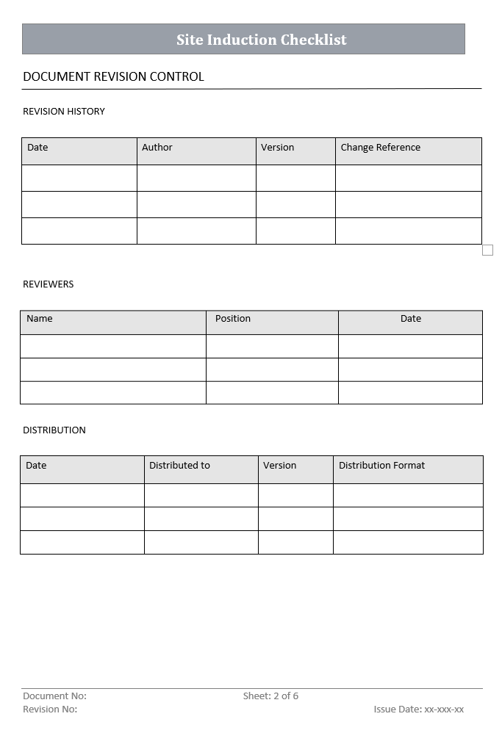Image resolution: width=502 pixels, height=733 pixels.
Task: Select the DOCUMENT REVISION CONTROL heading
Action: point(113,76)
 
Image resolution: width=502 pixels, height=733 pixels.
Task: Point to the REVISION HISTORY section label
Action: point(64,112)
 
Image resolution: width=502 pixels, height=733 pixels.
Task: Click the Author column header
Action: point(157,148)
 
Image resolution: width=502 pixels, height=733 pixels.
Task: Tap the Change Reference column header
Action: point(380,148)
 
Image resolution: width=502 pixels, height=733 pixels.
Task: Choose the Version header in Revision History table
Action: point(277,148)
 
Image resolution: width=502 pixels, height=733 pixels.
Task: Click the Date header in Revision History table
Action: point(37,148)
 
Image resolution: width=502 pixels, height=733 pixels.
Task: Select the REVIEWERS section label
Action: point(49,284)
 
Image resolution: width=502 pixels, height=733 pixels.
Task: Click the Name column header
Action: point(40,319)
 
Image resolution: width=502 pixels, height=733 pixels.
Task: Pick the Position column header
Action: point(233,319)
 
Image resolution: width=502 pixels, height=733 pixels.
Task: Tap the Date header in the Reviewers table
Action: point(411,319)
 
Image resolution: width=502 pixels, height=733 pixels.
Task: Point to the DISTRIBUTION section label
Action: point(54,430)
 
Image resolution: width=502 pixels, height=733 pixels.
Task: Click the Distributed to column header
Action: point(179,466)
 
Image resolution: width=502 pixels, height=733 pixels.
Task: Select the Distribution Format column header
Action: point(381,466)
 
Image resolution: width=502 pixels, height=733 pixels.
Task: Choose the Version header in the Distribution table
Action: point(279,466)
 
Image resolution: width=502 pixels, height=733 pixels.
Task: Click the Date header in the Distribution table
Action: point(36,466)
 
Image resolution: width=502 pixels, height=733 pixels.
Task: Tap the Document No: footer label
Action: point(54,696)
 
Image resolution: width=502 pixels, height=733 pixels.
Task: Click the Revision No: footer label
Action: point(50,709)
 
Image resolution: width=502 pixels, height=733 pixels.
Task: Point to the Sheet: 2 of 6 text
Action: point(270,696)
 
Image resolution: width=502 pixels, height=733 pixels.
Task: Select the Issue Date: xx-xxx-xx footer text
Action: point(418,709)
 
